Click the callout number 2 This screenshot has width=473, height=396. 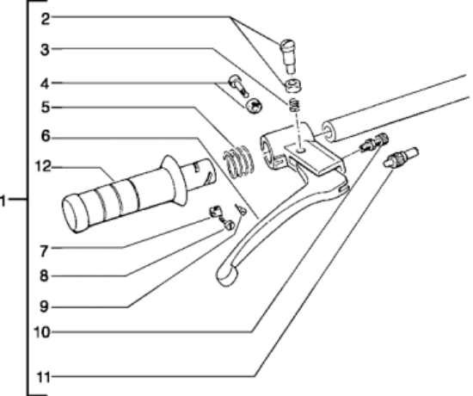[x=46, y=19]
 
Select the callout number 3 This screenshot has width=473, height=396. [x=45, y=50]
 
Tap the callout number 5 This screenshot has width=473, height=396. [x=46, y=108]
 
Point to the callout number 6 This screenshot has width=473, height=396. [x=46, y=136]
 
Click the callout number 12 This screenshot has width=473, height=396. [x=43, y=166]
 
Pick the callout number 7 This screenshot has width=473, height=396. [x=44, y=251]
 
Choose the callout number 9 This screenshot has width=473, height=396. [x=44, y=306]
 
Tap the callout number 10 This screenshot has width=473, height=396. [x=41, y=332]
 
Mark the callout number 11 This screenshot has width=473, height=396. [x=43, y=377]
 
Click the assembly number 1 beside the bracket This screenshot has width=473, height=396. [x=3, y=201]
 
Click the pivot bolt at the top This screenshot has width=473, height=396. [x=288, y=56]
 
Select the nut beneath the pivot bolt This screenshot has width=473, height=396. [x=292, y=85]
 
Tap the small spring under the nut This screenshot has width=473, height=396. [x=294, y=105]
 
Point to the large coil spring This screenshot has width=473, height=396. [x=238, y=161]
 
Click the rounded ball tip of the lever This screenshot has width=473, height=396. [x=226, y=275]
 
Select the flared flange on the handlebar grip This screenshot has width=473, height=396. [x=173, y=180]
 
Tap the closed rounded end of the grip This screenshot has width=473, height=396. [x=73, y=213]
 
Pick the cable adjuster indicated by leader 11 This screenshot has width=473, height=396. [x=400, y=157]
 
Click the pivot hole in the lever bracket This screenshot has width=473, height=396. [x=300, y=150]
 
